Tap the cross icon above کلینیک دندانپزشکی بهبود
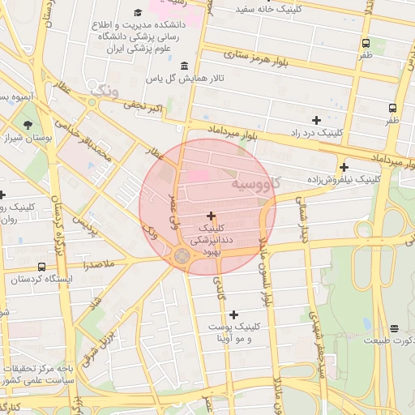point(212,216)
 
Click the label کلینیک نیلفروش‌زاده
point(343,178)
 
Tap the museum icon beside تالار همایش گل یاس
point(185,66)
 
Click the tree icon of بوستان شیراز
point(29,125)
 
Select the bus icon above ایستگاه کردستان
point(41,267)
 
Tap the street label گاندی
point(219,292)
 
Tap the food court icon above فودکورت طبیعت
point(394,328)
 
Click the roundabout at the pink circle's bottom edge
point(182,257)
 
